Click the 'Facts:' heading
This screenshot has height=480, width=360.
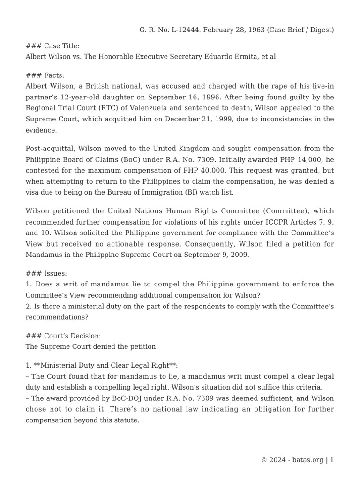[x=54, y=75]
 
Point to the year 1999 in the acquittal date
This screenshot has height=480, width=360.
[x=218, y=119]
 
